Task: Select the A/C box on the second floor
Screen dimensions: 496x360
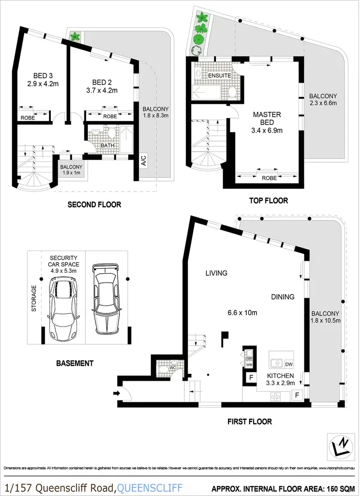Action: pos(144,162)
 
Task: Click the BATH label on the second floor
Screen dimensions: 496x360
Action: pos(107,145)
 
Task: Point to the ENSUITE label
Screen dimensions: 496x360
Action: pos(220,76)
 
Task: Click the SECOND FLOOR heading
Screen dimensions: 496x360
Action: pos(94,205)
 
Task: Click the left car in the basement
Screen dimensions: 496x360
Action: pos(63,303)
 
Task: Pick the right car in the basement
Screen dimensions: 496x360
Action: pos(106,298)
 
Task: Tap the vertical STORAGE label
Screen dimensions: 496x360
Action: pos(34,299)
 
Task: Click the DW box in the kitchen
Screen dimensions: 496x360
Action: pos(289,363)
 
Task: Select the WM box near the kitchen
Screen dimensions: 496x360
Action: pos(249,365)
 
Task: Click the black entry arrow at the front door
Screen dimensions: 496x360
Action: pos(116,393)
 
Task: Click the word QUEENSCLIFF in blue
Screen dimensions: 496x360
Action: pos(150,488)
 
